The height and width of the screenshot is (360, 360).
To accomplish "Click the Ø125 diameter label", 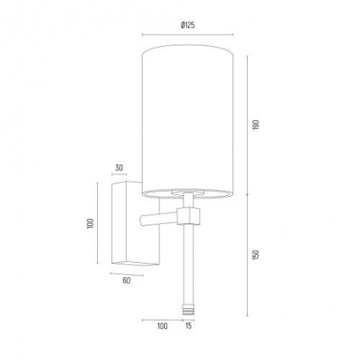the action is [x=188, y=25].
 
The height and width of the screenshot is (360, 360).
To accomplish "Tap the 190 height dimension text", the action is [x=256, y=125].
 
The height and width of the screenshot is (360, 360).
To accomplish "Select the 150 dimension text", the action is [x=256, y=255].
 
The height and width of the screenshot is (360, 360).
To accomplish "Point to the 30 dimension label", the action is [x=119, y=168].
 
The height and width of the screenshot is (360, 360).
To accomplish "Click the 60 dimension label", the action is [x=127, y=280].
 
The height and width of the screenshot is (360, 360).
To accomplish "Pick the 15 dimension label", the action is [x=189, y=326].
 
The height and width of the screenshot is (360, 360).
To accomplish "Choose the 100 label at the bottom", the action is [x=162, y=326].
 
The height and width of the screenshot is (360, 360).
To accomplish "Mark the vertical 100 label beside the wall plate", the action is [x=90, y=224].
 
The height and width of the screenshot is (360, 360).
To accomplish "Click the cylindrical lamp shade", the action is [x=188, y=121].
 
